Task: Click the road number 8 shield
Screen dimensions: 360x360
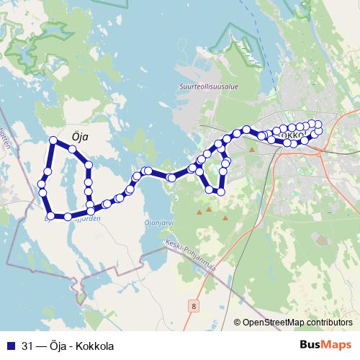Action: pyautogui.click(x=193, y=306)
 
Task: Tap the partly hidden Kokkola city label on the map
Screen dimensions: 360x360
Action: pyautogui.click(x=290, y=134)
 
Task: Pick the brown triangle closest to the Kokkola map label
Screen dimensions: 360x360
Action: pyautogui.click(x=252, y=150)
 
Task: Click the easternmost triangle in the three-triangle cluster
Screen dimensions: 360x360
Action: pyautogui.click(x=225, y=217)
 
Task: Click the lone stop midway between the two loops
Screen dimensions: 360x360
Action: pyautogui.click(x=171, y=177)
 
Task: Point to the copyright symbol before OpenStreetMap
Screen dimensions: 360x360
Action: pyautogui.click(x=238, y=323)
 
